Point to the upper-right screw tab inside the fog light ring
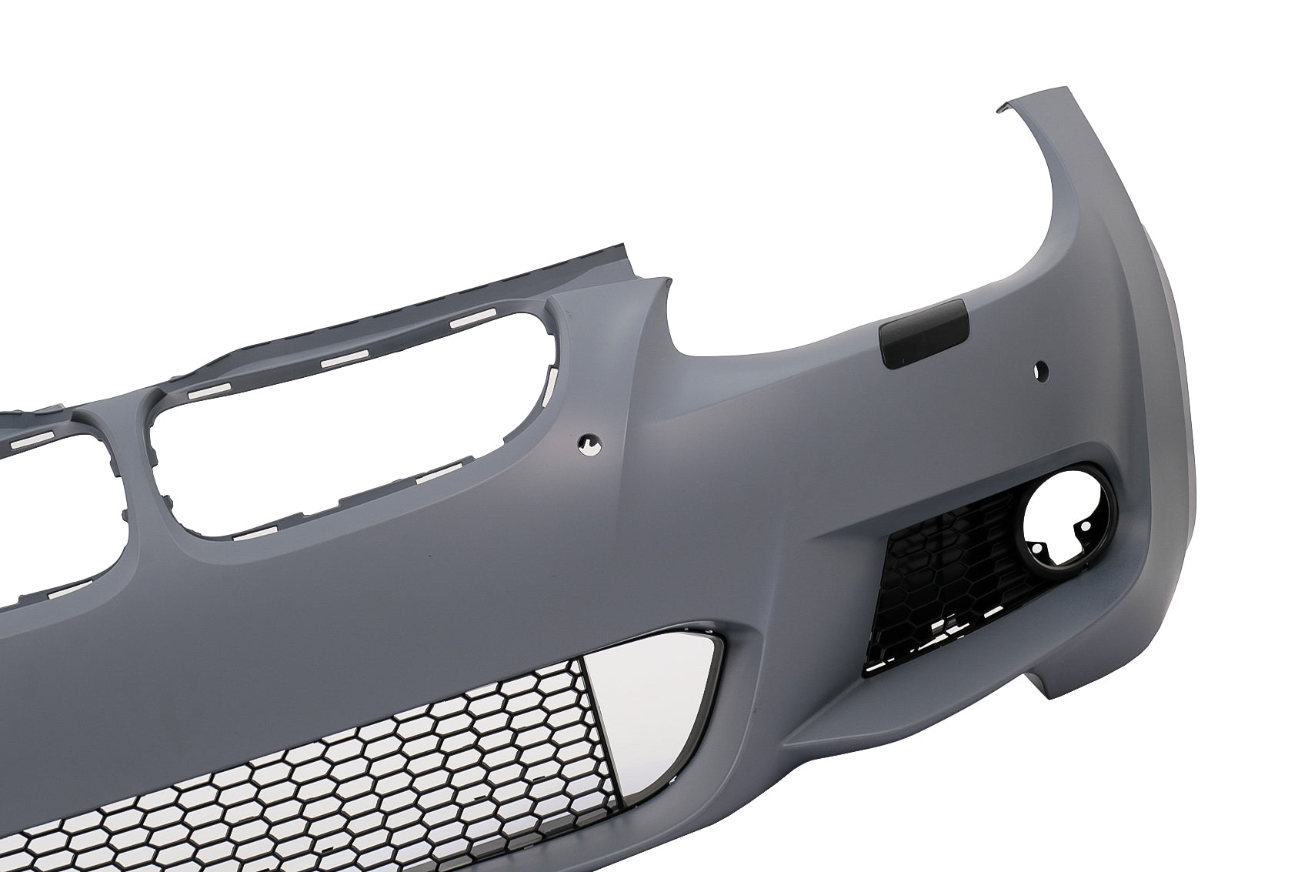tap(1086, 526)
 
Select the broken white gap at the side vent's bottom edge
tap(950, 650)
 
